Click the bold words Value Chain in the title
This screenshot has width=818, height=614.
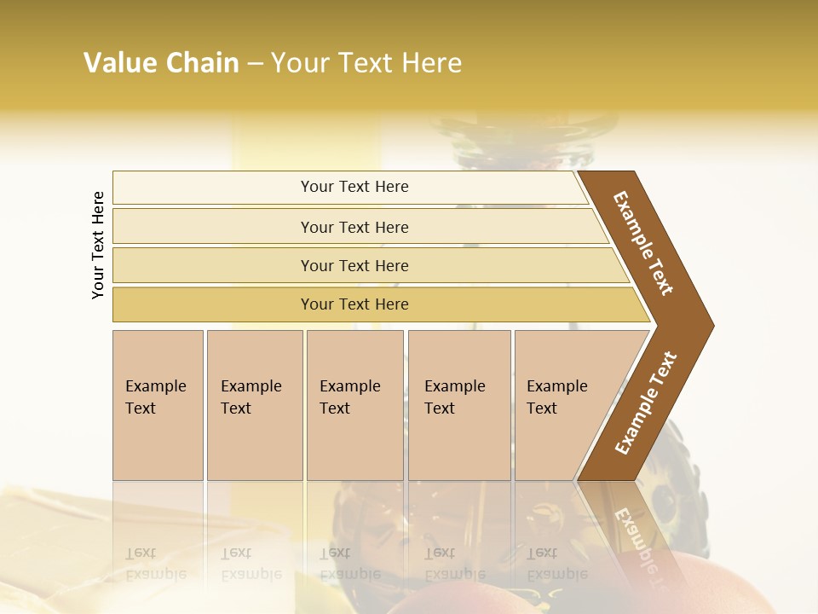pos(161,63)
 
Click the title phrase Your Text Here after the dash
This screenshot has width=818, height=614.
pos(366,63)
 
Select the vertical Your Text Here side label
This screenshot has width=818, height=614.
pos(98,245)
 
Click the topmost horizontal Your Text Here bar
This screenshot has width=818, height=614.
pos(354,187)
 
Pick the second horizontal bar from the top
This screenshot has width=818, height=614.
pos(354,227)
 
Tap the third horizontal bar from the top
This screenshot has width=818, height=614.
pos(354,265)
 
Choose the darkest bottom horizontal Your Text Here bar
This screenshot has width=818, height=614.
pos(354,304)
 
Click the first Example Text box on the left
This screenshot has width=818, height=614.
pos(158,404)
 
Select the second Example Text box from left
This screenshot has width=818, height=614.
pos(254,404)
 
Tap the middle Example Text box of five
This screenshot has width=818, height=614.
pos(354,404)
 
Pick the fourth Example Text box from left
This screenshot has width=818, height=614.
pos(458,404)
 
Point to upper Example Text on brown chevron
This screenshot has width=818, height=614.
pos(643,243)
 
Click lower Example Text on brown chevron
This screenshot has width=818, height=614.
pos(646,403)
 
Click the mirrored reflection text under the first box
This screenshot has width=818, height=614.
pos(156,564)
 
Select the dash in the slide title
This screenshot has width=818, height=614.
pos(255,64)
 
